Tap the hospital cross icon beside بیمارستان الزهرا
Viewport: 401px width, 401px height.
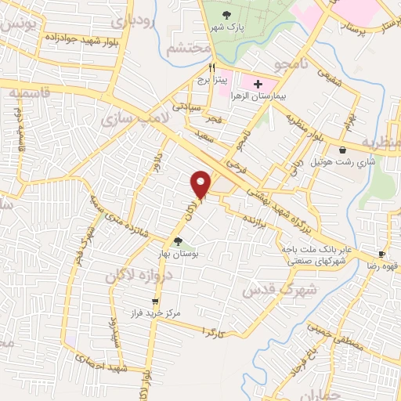coord(258,83)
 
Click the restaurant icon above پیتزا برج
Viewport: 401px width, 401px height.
coord(212,68)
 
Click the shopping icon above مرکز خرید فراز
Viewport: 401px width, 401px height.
coord(155,301)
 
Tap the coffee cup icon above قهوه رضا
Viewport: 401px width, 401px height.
coord(381,255)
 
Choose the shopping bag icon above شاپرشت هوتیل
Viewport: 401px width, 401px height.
coord(342,150)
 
